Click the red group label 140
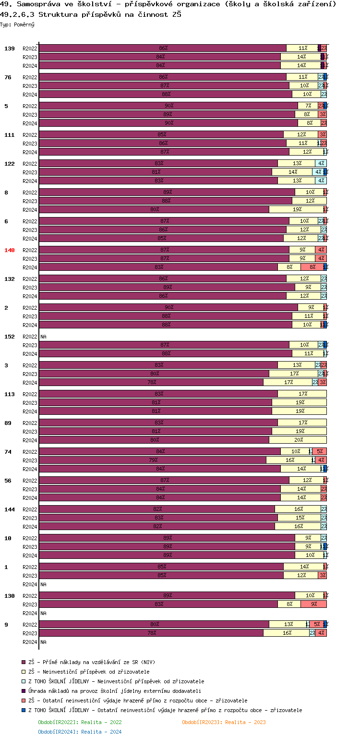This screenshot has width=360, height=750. [10, 250]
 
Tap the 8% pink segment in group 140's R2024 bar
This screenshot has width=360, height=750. [312, 267]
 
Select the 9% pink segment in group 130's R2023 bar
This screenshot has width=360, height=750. [313, 604]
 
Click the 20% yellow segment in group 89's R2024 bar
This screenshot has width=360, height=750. [298, 440]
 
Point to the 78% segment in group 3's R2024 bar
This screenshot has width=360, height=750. [151, 382]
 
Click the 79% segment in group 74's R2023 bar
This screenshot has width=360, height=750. [153, 460]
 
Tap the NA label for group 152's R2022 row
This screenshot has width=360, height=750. [43, 337]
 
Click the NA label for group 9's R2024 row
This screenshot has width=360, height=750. [43, 642]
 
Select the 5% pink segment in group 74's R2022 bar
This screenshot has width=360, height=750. [320, 451]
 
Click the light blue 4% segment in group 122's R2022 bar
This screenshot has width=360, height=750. [321, 163]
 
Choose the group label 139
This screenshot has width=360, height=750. [10, 48]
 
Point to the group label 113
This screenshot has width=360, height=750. [10, 394]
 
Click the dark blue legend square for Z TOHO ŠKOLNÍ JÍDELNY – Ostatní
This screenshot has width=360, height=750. [24, 710]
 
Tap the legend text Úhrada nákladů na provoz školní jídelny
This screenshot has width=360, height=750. [115, 691]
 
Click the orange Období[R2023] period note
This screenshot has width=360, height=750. [224, 722]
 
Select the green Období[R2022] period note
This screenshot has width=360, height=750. [80, 722]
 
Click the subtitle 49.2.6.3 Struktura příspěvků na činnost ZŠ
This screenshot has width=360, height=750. [91, 14]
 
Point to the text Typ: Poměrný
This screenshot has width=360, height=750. [17, 24]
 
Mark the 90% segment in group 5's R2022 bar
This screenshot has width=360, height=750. [168, 106]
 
